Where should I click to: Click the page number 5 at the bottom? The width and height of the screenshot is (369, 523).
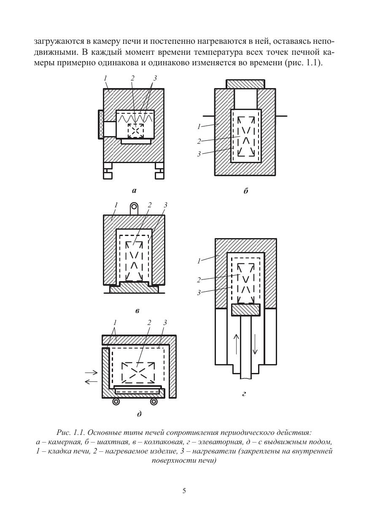pos(184,491)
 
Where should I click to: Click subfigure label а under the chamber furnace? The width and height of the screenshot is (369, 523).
pos(134,191)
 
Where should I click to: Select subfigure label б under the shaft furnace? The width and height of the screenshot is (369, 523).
pos(245,191)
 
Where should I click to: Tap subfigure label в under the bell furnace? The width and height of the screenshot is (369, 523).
pos(137,311)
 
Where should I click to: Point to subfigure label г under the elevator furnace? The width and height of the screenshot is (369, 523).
pos(244,394)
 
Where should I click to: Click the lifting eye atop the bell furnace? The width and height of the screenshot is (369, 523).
pos(134,208)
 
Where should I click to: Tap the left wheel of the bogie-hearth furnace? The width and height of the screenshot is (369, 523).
pos(116,402)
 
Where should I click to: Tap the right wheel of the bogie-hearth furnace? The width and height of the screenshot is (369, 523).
pos(154,402)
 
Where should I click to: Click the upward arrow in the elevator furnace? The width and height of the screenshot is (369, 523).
pos(236,347)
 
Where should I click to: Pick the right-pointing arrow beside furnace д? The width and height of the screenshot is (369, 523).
pos(91,373)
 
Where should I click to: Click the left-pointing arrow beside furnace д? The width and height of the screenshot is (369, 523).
pos(91,382)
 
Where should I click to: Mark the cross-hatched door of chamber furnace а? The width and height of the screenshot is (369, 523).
pos(101,124)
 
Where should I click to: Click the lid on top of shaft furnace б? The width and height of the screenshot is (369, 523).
pos(245,84)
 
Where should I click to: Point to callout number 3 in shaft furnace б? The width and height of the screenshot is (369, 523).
pos(199,154)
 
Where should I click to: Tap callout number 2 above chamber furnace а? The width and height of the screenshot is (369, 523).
pos(133,78)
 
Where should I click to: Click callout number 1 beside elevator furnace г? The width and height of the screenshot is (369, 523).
pos(199,261)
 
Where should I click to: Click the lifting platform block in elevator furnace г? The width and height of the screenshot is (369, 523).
pos(245,310)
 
